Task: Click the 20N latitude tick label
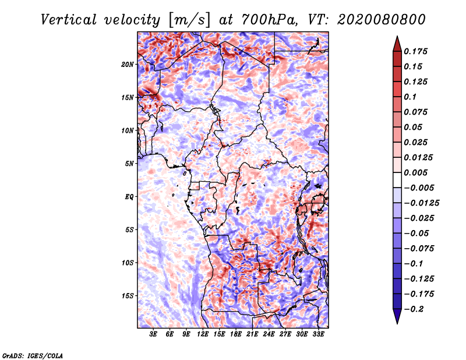pyautogui.click(x=128, y=64)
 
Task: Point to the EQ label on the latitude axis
pyautogui.click(x=129, y=197)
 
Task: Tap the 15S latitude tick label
pyautogui.click(x=128, y=296)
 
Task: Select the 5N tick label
pyautogui.click(x=129, y=164)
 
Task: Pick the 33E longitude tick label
pyautogui.click(x=318, y=335)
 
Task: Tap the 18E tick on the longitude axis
pyautogui.click(x=236, y=335)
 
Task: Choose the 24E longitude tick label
pyautogui.click(x=269, y=335)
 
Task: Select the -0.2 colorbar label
pyautogui.click(x=415, y=309)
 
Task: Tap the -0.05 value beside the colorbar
pyautogui.click(x=416, y=233)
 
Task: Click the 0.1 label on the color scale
pyautogui.click(x=410, y=97)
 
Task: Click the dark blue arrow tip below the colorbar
pyautogui.click(x=396, y=322)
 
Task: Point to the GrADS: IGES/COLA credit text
pyautogui.click(x=32, y=355)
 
